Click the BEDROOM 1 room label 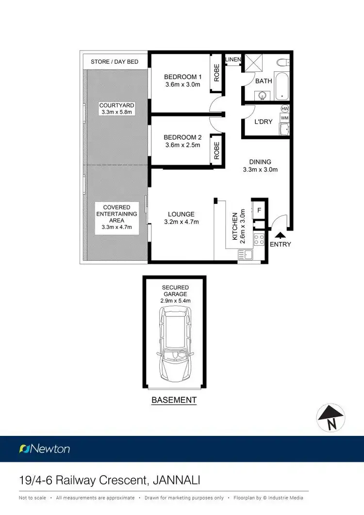(x=182, y=77)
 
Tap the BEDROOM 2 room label (x=182, y=137)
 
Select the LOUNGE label (x=181, y=214)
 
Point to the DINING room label (x=260, y=162)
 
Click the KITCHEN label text (x=235, y=226)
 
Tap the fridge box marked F (x=259, y=210)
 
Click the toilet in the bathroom (x=282, y=63)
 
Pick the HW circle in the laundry (x=285, y=109)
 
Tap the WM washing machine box (x=284, y=118)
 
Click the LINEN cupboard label (x=233, y=60)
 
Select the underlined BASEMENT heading (x=174, y=400)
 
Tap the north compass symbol (x=331, y=418)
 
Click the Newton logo (x=44, y=449)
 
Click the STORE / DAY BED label (x=115, y=62)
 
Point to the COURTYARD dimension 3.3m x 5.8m (x=116, y=112)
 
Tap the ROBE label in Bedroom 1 (x=217, y=73)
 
